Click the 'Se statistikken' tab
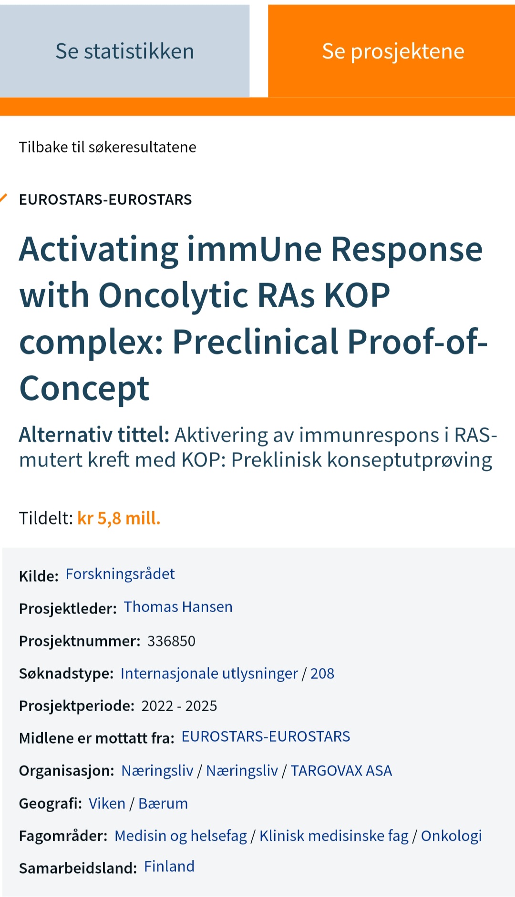[x=124, y=51]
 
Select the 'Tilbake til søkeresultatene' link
[x=107, y=147]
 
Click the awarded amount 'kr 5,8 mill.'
[x=119, y=518]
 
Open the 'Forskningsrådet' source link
[x=120, y=574]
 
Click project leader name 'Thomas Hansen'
[x=178, y=607]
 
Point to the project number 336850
[x=171, y=641]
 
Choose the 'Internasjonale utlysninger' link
[x=209, y=674]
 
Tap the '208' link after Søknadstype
[x=322, y=674]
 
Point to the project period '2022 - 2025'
[x=179, y=706]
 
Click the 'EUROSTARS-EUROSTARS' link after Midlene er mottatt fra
[x=266, y=736]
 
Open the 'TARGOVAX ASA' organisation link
[x=341, y=771]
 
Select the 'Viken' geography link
[x=107, y=804]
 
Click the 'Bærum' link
[x=163, y=804]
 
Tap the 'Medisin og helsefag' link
[x=181, y=836]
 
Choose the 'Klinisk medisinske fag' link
[x=334, y=836]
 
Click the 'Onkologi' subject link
[x=452, y=836]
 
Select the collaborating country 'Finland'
[x=169, y=867]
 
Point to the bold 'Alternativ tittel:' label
[x=94, y=435]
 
